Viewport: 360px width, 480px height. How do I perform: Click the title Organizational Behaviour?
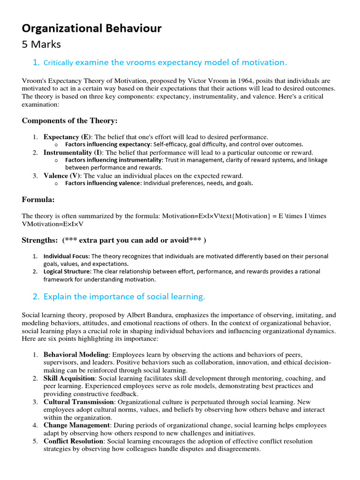click(x=92, y=29)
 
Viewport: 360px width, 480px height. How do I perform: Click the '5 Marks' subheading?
click(x=41, y=45)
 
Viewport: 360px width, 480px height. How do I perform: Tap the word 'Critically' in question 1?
click(x=58, y=63)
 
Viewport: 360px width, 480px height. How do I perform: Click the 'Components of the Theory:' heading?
click(x=69, y=120)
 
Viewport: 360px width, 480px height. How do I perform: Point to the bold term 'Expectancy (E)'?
click(x=67, y=137)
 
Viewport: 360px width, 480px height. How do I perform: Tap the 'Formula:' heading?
click(x=38, y=200)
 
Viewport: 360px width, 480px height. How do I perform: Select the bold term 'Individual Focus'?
click(x=67, y=256)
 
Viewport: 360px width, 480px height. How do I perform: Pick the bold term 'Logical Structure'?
click(x=67, y=271)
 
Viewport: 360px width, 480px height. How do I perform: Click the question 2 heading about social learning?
click(x=124, y=297)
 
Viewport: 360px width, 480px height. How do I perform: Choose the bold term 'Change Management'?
click(x=77, y=425)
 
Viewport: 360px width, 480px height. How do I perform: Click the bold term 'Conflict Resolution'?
click(x=73, y=441)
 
